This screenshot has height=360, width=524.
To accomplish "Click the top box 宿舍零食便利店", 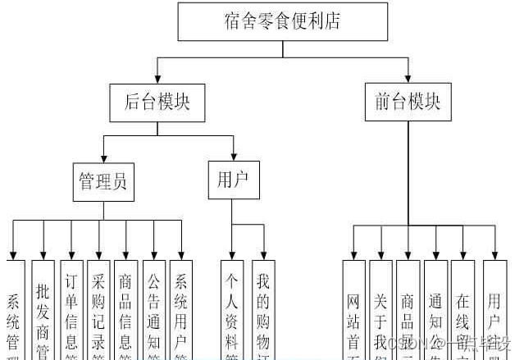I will pos(282,21).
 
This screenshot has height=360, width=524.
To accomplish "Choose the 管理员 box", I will pos(103,180).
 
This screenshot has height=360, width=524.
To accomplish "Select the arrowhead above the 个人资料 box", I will pos(232,255).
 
